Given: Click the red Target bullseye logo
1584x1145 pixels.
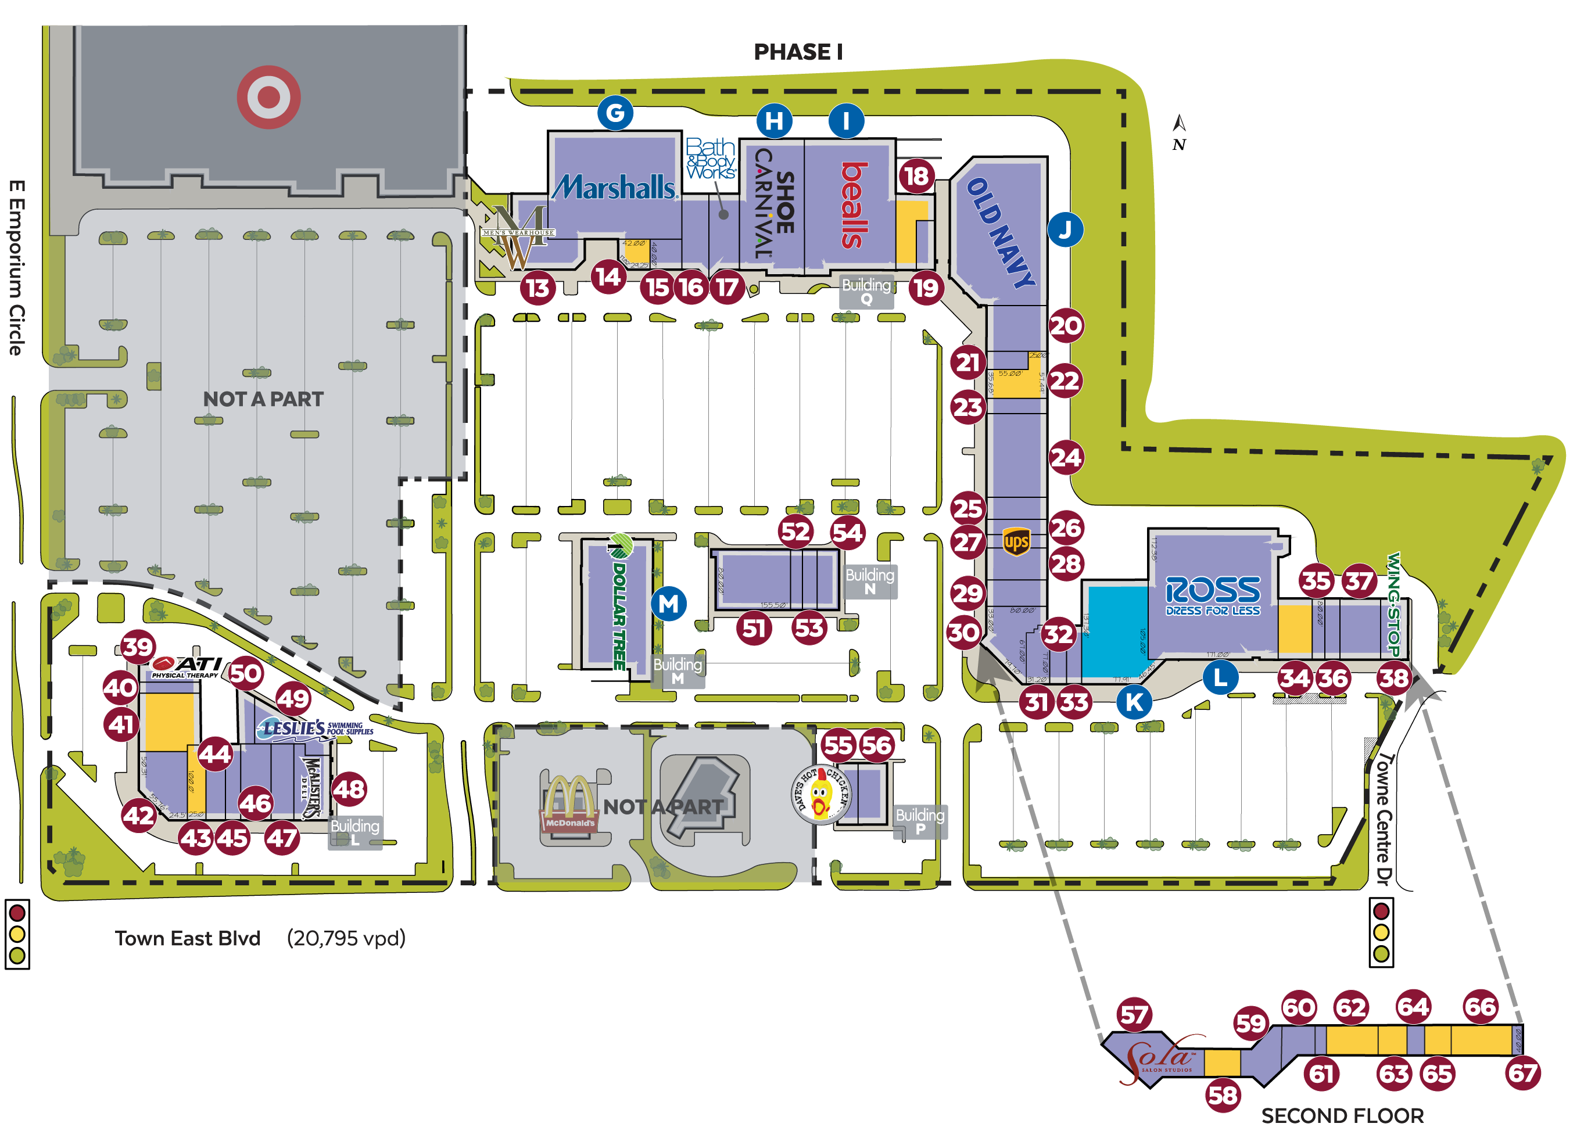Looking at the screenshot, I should tap(268, 97).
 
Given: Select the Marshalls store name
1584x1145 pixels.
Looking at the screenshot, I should tap(615, 187).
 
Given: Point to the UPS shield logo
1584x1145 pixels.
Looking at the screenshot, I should tap(1016, 542).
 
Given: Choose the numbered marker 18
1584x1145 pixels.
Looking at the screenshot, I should tap(916, 176).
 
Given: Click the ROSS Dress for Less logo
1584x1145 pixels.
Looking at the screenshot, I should tap(1213, 595).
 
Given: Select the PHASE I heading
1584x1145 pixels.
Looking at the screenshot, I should tap(798, 52).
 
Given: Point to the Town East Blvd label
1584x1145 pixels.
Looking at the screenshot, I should tap(187, 938).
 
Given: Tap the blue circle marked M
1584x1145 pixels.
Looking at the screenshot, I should tap(668, 603).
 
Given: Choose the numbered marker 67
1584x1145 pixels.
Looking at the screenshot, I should tap(1522, 1073).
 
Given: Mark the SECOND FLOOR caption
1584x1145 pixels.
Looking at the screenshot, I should tap(1342, 1116).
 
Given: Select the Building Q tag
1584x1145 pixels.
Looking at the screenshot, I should tap(866, 291).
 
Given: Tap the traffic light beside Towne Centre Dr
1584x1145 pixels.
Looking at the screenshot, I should tap(1381, 933).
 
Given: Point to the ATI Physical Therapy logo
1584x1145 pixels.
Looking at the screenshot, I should tap(187, 667).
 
